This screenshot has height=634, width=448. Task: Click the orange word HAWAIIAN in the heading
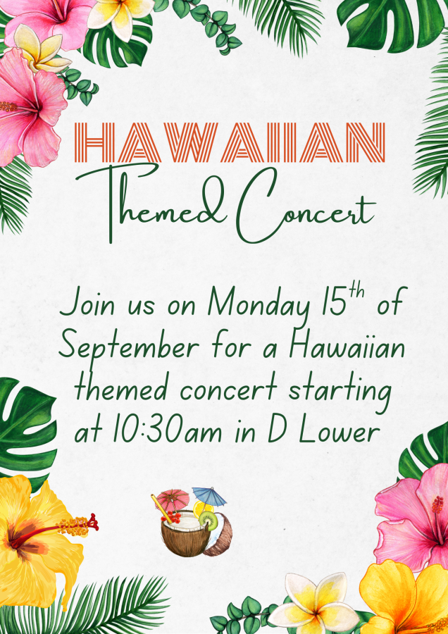click(230, 142)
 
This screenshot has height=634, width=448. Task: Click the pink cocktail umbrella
click(173, 499)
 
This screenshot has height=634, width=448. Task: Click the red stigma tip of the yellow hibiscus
click(95, 522)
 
